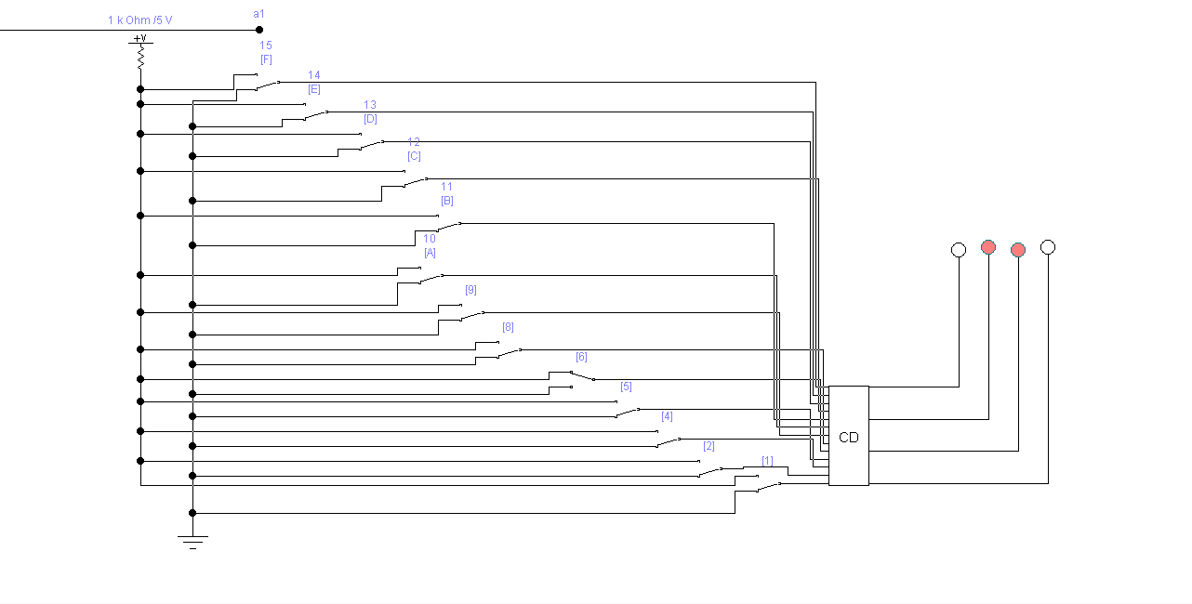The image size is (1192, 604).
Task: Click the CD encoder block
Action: tap(848, 436)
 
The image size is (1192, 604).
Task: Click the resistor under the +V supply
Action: tap(140, 59)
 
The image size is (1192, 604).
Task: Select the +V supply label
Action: tap(140, 39)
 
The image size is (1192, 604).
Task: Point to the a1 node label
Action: tap(258, 13)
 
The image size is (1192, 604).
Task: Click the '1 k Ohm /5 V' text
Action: tap(139, 20)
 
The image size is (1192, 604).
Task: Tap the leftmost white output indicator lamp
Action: tap(959, 250)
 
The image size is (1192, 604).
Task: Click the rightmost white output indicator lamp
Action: tap(1048, 247)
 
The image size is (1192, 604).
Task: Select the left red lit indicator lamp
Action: tap(988, 247)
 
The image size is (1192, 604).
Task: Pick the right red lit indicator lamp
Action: tap(1018, 250)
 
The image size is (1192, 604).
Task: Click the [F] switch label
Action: tap(266, 59)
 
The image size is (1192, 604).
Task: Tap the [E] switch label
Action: tap(314, 89)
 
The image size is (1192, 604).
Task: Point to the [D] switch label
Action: tap(370, 119)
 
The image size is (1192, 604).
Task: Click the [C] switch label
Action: tap(414, 156)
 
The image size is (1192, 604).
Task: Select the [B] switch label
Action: tap(447, 201)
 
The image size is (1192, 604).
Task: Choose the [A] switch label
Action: tap(430, 253)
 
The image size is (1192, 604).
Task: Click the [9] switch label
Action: tap(470, 290)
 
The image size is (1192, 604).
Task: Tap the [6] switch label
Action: tap(581, 357)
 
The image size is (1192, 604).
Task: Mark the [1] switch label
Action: tap(767, 461)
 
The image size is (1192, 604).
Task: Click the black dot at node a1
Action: tap(259, 30)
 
